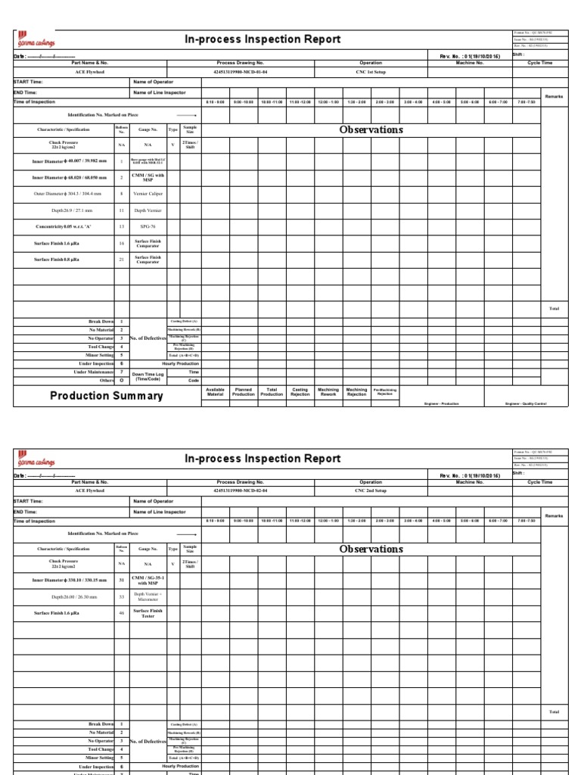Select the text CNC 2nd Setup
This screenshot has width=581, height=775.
(x=371, y=490)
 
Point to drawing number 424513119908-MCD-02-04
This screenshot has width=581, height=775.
(x=240, y=490)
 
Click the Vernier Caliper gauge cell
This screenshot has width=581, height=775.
(x=148, y=194)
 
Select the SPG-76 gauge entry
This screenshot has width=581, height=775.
(x=148, y=226)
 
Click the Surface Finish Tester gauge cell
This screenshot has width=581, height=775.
(x=148, y=614)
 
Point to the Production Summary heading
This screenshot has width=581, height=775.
(x=106, y=396)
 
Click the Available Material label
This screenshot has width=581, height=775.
(x=215, y=392)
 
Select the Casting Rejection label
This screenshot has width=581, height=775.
(x=300, y=392)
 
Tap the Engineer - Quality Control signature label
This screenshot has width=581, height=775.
(x=526, y=403)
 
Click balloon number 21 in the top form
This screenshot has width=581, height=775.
(x=121, y=260)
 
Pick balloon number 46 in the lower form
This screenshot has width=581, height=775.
(x=121, y=614)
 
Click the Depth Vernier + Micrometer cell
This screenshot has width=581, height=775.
(x=148, y=596)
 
